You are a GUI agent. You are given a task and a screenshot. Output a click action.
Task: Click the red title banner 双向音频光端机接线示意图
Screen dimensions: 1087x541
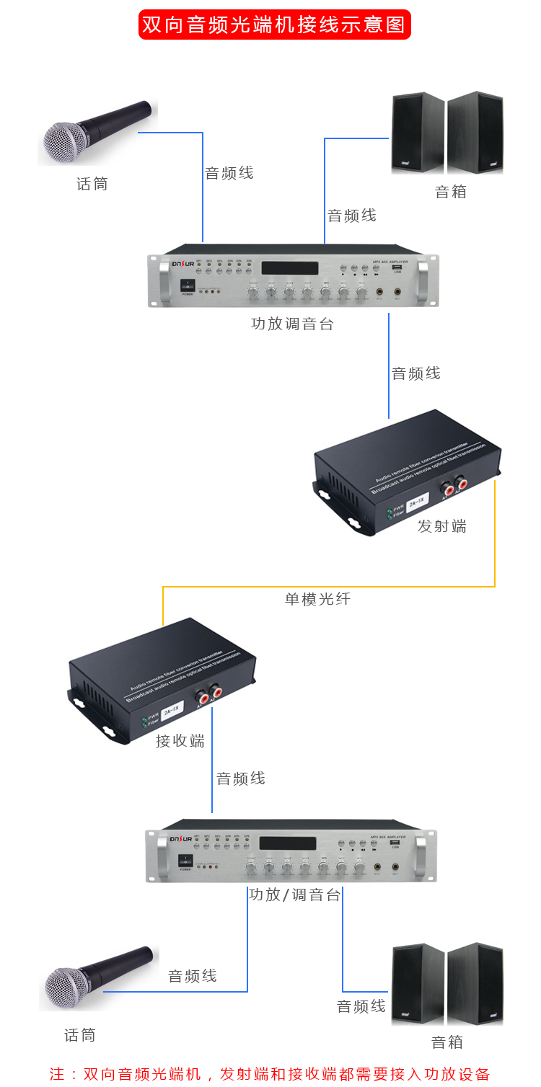tap(275, 24)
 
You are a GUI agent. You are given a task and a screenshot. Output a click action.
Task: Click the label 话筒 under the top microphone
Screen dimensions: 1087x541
tap(92, 185)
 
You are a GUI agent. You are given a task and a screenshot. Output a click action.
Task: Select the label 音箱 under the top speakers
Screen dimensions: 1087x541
tap(451, 192)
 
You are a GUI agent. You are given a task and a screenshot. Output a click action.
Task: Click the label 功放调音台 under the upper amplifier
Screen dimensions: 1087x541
tap(292, 324)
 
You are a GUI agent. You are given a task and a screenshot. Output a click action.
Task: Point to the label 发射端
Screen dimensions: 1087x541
tap(442, 526)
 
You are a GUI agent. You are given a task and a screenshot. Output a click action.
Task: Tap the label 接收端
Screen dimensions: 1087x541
tap(180, 741)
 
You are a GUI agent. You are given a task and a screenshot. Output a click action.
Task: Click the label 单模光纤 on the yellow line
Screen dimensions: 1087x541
tap(317, 598)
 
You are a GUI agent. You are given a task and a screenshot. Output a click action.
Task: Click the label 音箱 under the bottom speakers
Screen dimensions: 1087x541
tap(447, 1042)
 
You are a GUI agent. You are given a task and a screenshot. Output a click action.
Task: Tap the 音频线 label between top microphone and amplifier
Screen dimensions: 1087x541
tap(229, 173)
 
